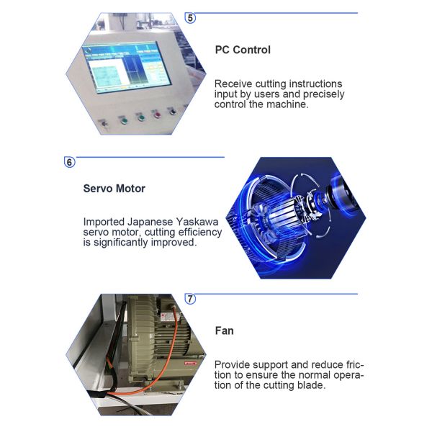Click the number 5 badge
tap(190, 18)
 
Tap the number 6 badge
tap(69, 162)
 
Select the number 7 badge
tap(190, 299)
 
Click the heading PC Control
tap(243, 50)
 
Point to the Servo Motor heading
tap(114, 189)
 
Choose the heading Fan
tap(224, 330)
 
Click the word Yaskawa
tap(197, 222)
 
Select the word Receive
tap(233, 84)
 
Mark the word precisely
tap(324, 94)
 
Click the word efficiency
tap(200, 233)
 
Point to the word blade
tap(311, 385)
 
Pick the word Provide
tap(232, 365)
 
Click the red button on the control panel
tap(157, 114)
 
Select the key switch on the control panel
tap(104, 122)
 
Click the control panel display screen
tap(126, 67)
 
